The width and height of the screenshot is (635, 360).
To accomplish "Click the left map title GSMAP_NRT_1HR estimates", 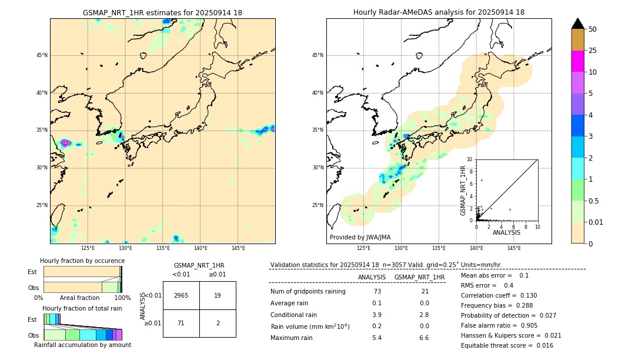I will (x=162, y=12).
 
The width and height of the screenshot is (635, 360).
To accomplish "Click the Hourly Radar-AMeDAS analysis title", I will (x=439, y=12).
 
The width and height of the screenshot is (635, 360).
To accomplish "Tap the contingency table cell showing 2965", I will (x=181, y=295).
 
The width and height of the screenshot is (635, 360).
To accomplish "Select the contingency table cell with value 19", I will (x=218, y=295).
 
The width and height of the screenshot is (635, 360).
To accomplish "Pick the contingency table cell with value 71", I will (x=181, y=323).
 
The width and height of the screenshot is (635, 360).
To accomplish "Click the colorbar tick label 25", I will (x=593, y=51).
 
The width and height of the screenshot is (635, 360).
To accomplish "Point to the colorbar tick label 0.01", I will (x=596, y=222).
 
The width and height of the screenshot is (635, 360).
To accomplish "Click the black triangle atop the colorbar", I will (x=578, y=24).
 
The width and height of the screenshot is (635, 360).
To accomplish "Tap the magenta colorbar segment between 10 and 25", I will (x=578, y=61).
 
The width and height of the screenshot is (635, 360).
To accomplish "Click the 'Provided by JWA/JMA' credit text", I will (x=360, y=237).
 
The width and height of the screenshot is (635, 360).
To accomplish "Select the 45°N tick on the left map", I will (x=41, y=55).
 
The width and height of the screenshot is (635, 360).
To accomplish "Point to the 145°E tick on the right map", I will (x=514, y=249).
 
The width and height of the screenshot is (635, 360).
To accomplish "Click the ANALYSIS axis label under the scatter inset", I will (x=506, y=232).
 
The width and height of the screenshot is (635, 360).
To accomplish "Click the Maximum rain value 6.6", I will (x=423, y=338).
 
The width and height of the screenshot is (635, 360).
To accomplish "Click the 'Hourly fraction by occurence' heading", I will (x=82, y=261).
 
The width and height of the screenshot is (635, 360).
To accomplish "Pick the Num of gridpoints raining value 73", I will (x=377, y=292).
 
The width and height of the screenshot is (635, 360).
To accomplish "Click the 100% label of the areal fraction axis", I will (x=122, y=298).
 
